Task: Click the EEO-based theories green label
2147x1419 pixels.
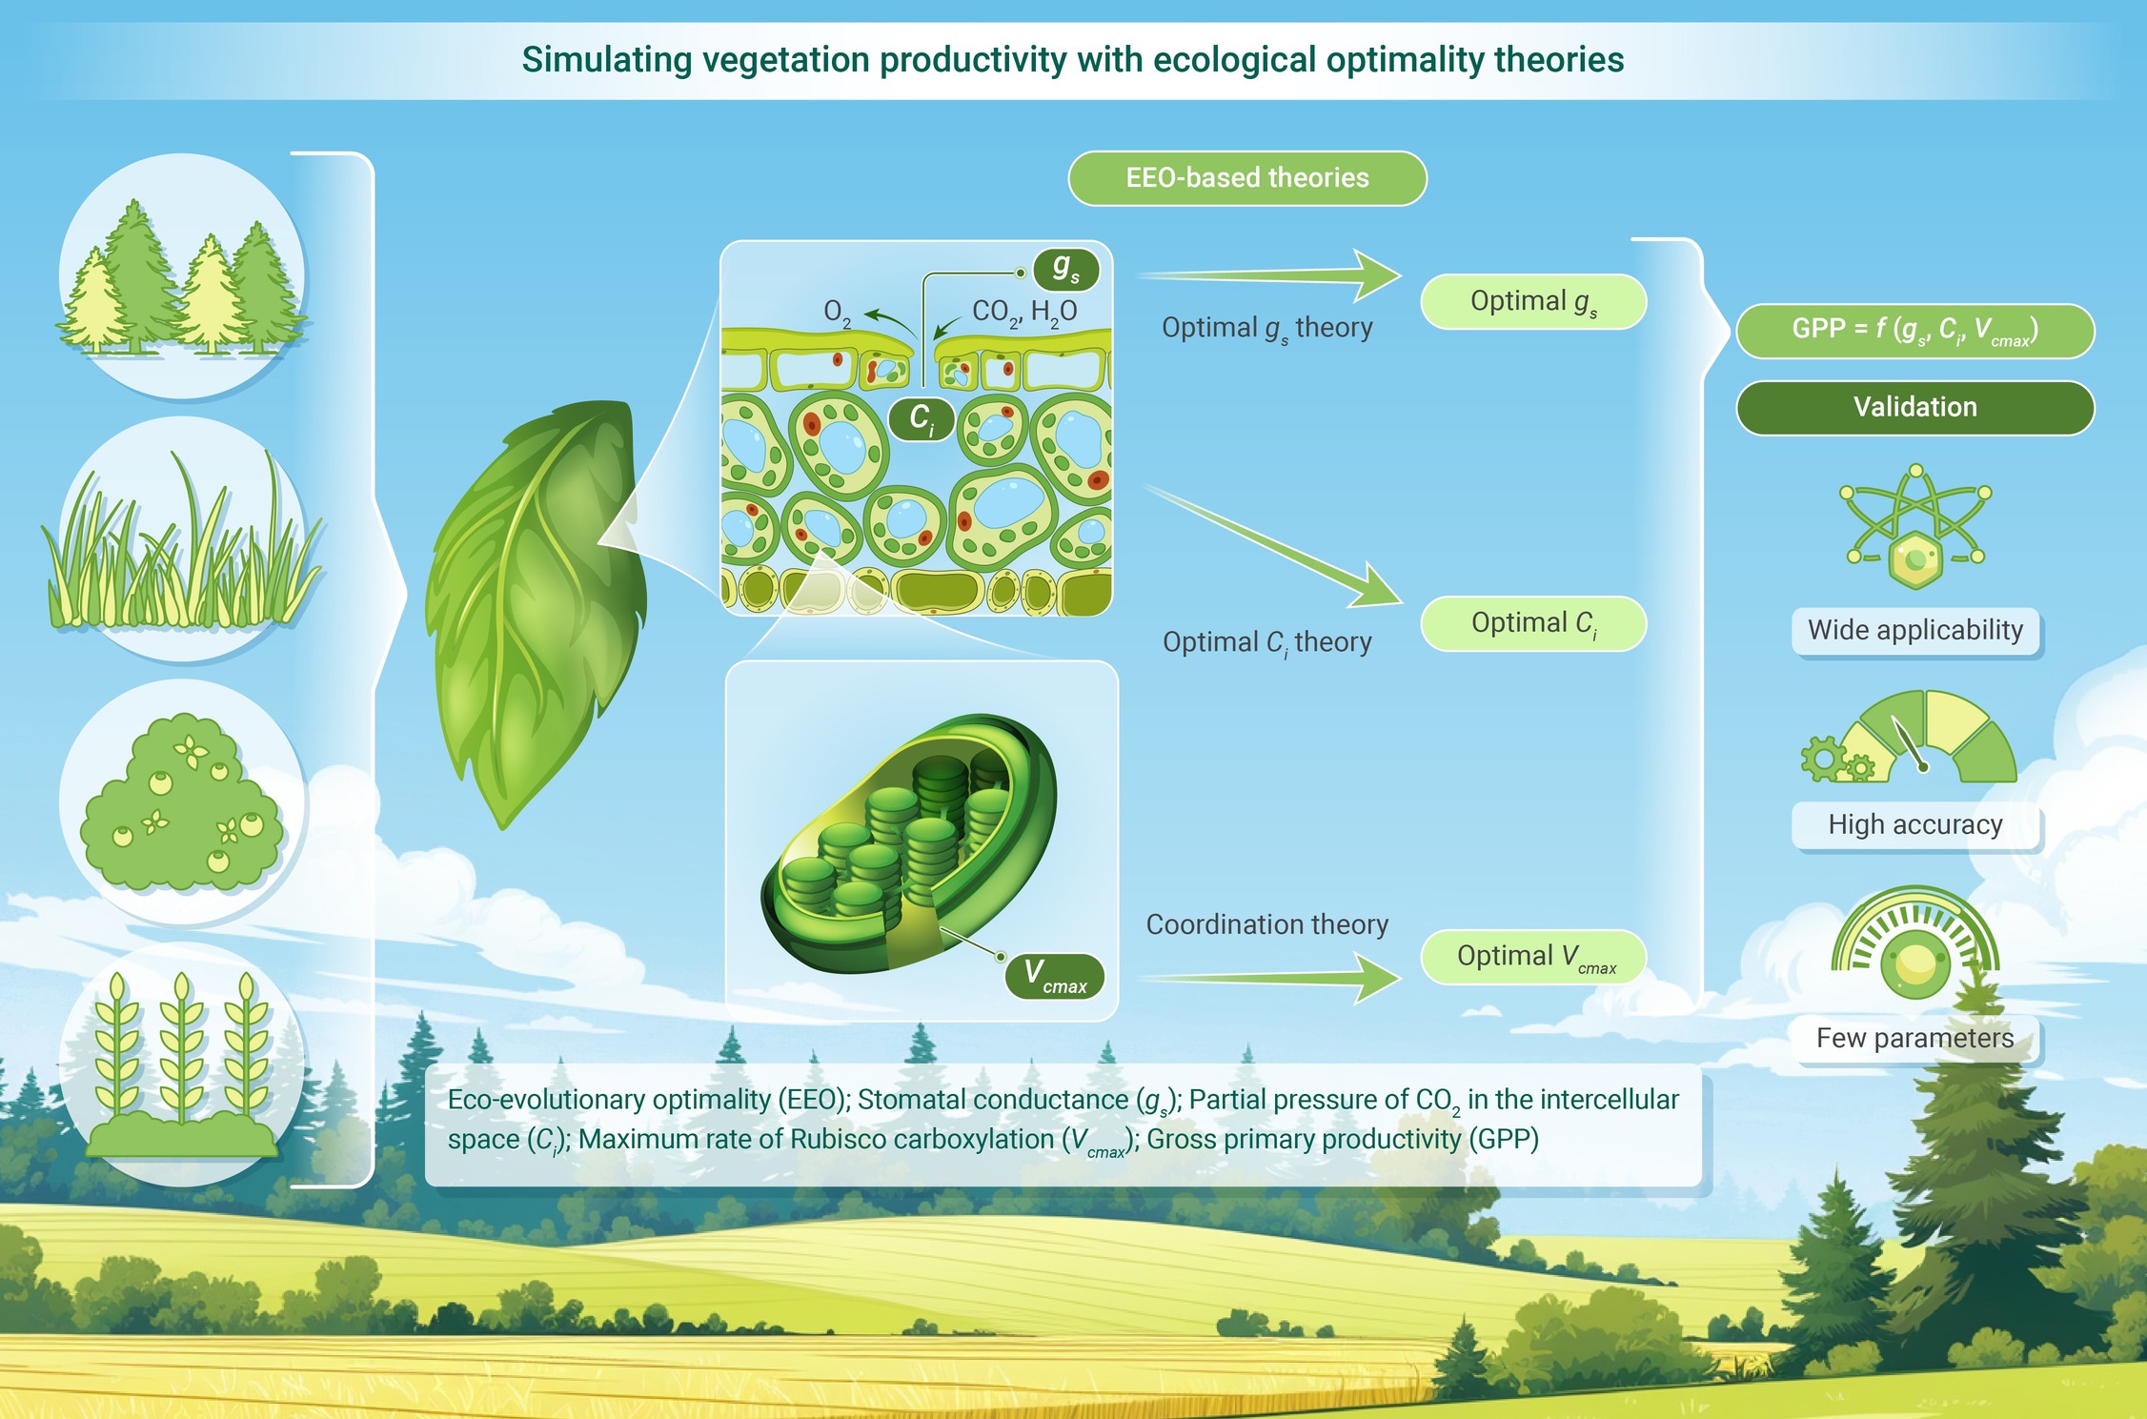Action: (1246, 178)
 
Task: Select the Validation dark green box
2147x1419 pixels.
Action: (1915, 408)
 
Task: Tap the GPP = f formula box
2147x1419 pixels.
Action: (1915, 331)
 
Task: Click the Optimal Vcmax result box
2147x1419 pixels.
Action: (1533, 957)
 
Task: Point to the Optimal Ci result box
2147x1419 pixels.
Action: (1533, 623)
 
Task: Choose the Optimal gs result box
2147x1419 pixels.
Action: (1533, 302)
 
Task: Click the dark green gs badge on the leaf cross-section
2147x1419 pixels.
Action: (1066, 270)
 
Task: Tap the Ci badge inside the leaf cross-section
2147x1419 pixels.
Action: (922, 418)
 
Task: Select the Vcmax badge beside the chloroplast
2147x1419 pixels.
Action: (1055, 977)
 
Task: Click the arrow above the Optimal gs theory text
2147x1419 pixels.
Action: (1269, 275)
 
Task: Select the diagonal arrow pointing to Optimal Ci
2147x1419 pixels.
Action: (1273, 545)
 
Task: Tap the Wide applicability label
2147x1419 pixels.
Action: (1915, 631)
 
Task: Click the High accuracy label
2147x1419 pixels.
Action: (1915, 825)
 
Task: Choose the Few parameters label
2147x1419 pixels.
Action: (1915, 1039)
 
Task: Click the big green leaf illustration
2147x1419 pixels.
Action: (538, 610)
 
